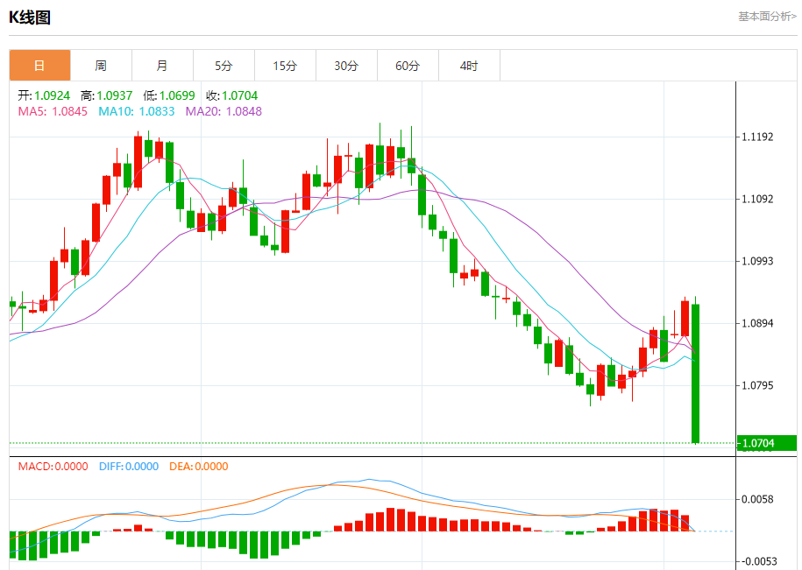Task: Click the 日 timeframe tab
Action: coord(39,66)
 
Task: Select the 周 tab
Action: coord(101,66)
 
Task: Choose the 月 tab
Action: coord(162,66)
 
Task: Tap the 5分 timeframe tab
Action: coord(224,66)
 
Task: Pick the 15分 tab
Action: coord(285,66)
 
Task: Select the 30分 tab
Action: coord(346,66)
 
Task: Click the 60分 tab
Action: coord(408,66)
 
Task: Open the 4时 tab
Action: coord(469,66)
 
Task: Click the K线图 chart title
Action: coord(30,17)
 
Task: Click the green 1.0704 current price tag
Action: coord(766,443)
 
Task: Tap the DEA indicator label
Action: coord(198,467)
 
